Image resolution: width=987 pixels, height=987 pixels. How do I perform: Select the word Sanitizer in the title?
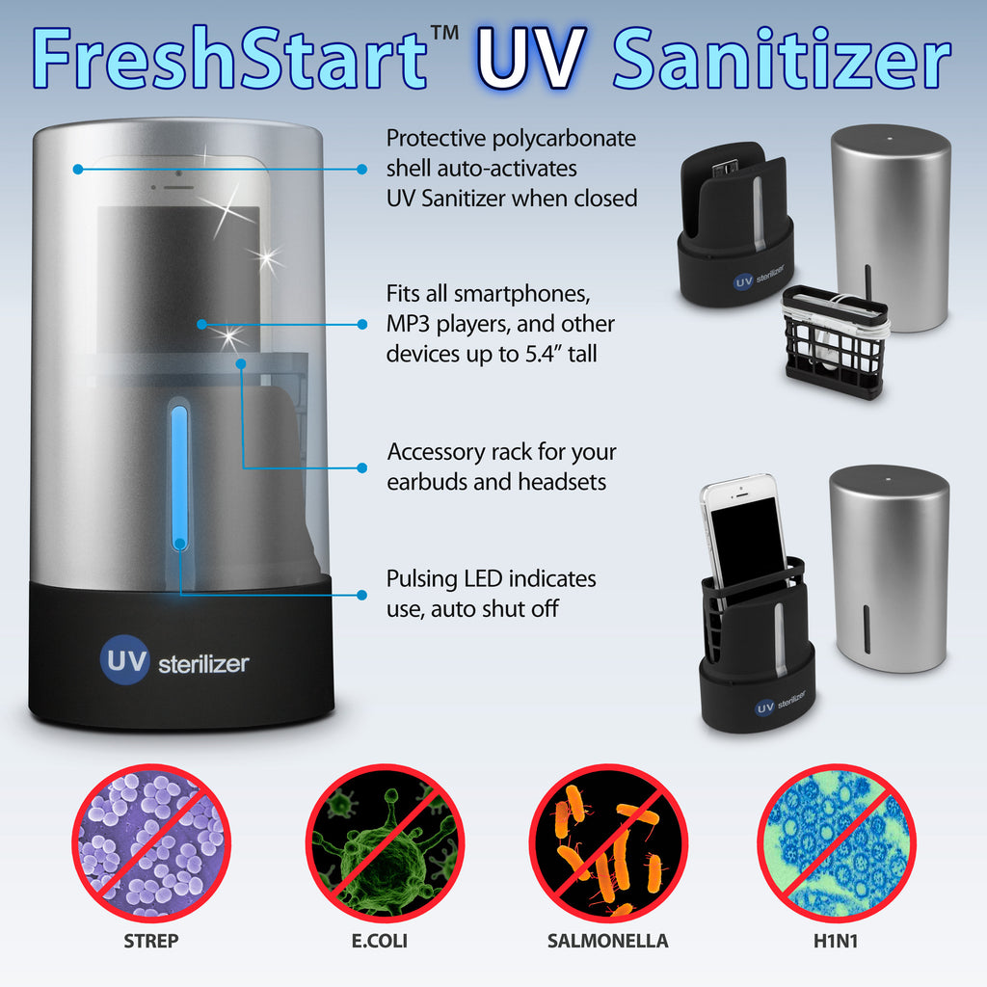tap(782, 60)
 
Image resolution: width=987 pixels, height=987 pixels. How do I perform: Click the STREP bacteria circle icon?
tap(149, 841)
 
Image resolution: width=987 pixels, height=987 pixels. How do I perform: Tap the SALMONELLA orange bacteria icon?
tap(608, 841)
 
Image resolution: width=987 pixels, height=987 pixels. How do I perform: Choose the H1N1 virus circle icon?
tap(835, 841)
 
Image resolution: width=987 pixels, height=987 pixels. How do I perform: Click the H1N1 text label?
tap(835, 941)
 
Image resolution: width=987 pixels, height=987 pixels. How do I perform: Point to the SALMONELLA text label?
tap(608, 941)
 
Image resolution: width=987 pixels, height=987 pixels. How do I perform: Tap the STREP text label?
tap(150, 941)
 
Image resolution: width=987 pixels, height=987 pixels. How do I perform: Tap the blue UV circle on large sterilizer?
tap(123, 662)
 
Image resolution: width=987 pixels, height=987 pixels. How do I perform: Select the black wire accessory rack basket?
tap(835, 342)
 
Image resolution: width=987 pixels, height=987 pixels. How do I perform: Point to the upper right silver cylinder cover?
tap(891, 227)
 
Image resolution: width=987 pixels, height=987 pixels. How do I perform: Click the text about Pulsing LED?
tap(491, 594)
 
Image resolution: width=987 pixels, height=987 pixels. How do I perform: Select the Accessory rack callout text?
tap(501, 467)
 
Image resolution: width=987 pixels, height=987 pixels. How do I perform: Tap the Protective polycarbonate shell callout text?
tap(511, 169)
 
